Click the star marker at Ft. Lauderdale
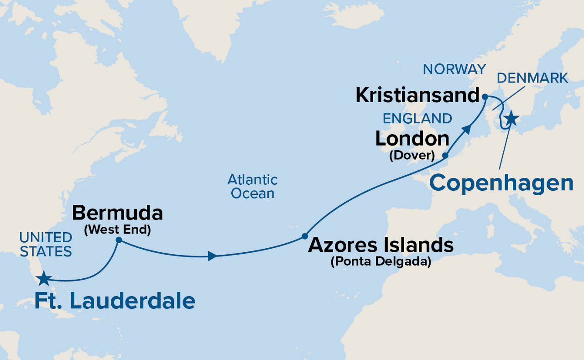[43, 278]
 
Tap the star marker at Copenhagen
[511, 118]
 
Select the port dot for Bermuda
[119, 240]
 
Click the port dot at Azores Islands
[304, 236]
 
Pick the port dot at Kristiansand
[485, 97]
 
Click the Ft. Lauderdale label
[115, 302]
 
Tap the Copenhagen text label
[501, 183]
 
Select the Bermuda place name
[117, 213]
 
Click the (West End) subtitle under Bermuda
[117, 230]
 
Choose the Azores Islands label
[381, 245]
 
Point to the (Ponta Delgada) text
[381, 262]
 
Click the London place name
[412, 139]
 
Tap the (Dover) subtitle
[412, 155]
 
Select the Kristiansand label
[417, 95]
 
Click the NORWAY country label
[454, 69]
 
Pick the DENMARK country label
[532, 78]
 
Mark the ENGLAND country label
[417, 119]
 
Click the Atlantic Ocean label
[252, 186]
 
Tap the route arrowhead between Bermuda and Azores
[212, 256]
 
